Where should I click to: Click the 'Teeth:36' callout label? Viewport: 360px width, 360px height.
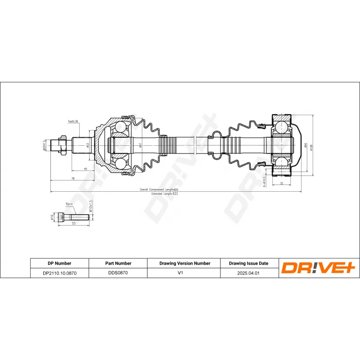tap(73, 121)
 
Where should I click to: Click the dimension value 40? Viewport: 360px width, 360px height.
tap(85, 169)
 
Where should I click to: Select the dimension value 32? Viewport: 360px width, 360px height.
tap(282, 184)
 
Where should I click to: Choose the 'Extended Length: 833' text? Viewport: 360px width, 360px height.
tap(165, 193)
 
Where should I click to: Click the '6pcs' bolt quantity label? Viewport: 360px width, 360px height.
tap(69, 204)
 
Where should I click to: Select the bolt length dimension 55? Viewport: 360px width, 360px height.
tap(73, 224)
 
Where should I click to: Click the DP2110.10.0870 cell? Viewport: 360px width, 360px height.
tap(59, 273)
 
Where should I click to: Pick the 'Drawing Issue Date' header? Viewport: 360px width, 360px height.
tap(248, 263)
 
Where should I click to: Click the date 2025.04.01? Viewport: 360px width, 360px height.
tap(248, 273)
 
